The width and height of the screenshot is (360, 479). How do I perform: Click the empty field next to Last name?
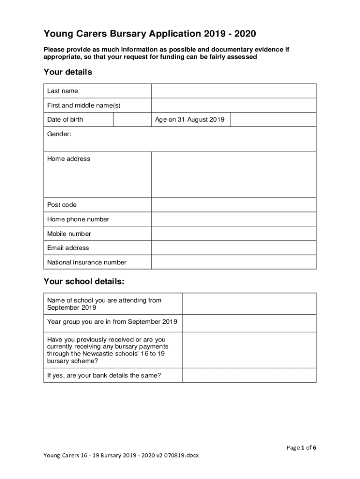234,91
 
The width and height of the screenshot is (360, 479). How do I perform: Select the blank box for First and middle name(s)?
234,105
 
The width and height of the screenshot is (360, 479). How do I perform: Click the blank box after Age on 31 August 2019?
274,119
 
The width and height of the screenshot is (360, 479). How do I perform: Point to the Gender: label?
59,134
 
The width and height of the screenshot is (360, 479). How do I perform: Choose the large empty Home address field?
234,174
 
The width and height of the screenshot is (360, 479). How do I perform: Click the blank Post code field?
234,205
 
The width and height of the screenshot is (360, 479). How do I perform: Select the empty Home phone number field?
234,219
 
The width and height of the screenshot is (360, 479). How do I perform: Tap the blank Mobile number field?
234,234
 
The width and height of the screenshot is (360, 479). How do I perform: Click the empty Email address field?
234,248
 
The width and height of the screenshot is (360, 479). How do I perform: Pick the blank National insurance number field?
234,262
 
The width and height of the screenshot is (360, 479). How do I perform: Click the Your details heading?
68,72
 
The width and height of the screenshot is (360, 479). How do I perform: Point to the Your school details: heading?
84,282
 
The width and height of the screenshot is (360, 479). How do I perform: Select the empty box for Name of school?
249,304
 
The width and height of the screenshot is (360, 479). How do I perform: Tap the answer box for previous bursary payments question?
249,350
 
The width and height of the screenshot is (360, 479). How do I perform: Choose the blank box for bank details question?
249,375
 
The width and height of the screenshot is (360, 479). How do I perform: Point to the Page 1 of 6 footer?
301,448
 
